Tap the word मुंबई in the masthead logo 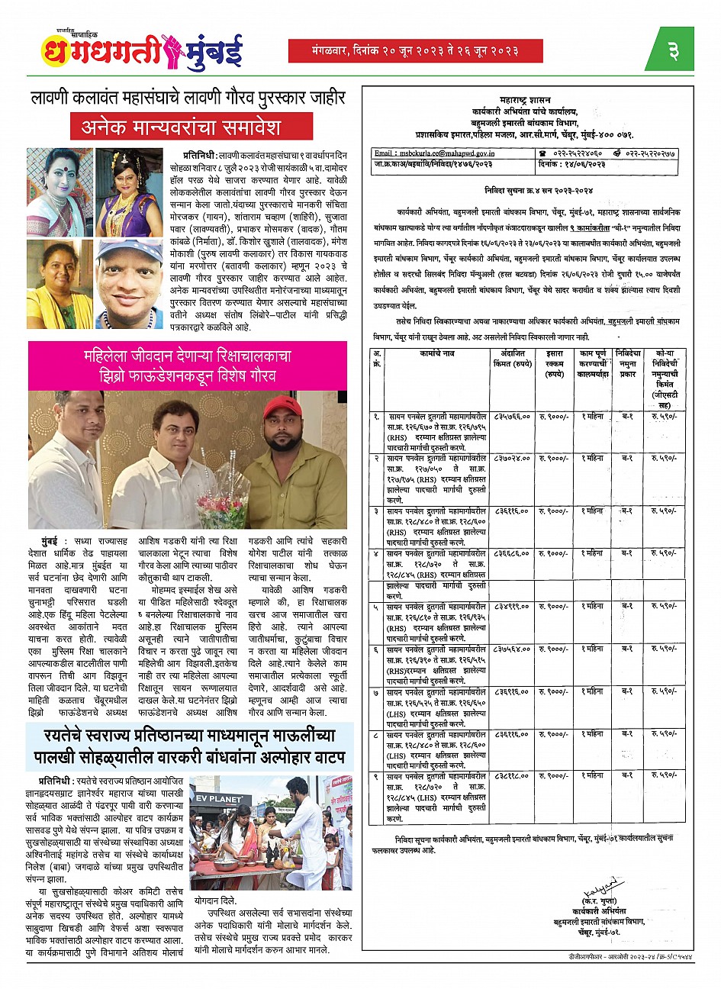[208, 51]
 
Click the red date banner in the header [415, 51]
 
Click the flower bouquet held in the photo [224, 504]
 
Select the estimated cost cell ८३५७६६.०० [511, 417]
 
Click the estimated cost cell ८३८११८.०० [511, 775]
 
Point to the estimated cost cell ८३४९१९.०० [511, 606]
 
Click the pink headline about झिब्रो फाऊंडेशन [187, 366]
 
